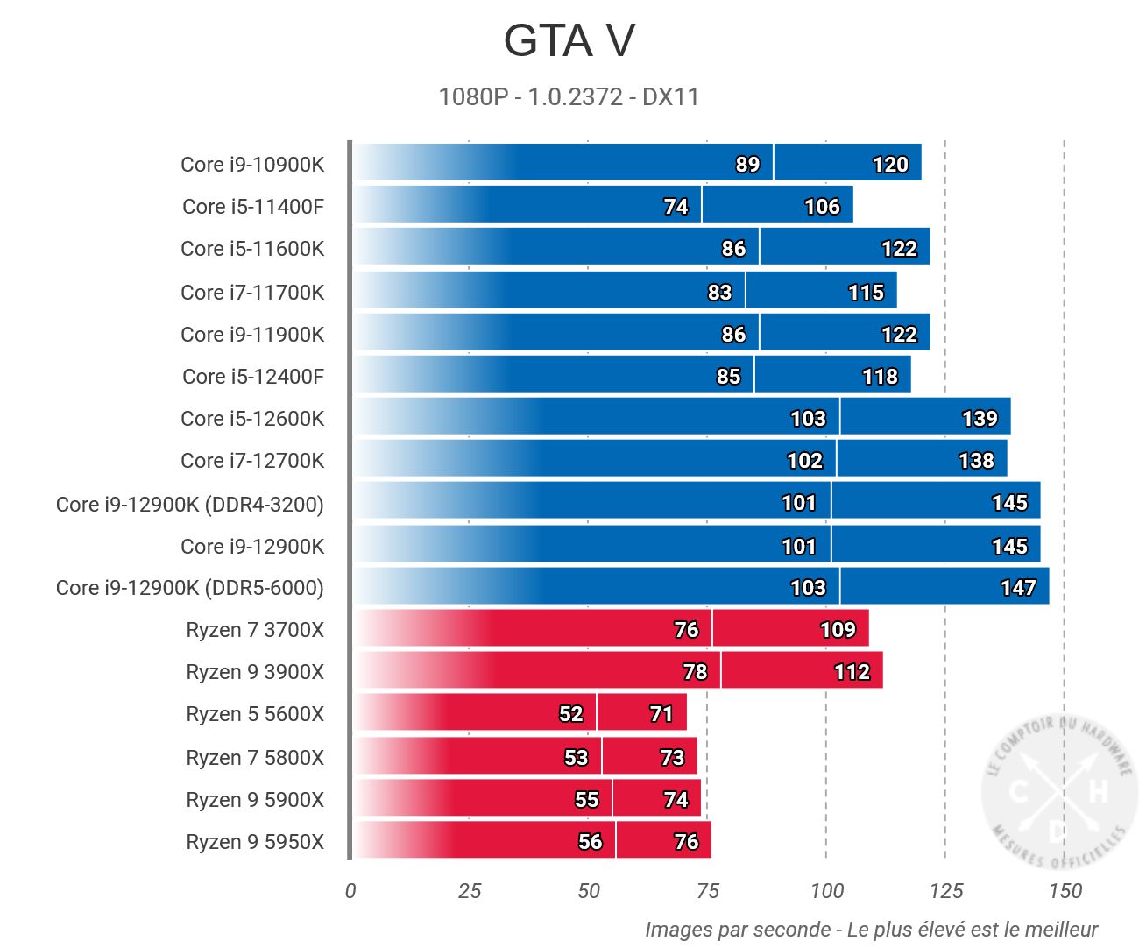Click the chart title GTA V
tap(569, 41)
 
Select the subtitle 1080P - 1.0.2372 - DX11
tap(569, 96)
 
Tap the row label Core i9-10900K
tap(252, 165)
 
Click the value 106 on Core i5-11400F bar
tap(822, 207)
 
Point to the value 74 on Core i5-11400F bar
tap(676, 207)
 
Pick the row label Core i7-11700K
tap(252, 293)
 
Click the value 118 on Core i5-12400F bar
tap(880, 377)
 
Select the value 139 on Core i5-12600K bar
tap(980, 419)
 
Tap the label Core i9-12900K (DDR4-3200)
tap(190, 505)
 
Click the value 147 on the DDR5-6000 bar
tap(1018, 588)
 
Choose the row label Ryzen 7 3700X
tap(255, 630)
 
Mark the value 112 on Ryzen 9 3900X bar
tap(852, 672)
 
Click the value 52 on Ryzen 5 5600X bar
tap(570, 714)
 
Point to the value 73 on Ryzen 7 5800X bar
tap(672, 758)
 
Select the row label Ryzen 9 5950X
tap(255, 842)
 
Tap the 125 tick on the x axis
tap(945, 891)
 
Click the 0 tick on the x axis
tap(350, 891)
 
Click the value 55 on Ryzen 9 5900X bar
tap(586, 800)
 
